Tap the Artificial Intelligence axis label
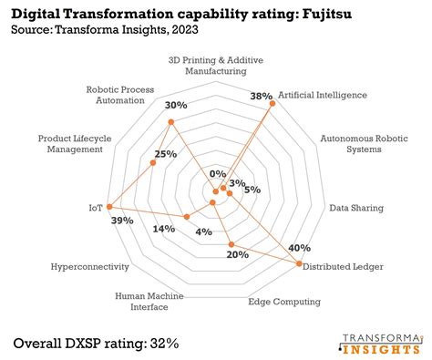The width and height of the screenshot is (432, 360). pyautogui.click(x=322, y=94)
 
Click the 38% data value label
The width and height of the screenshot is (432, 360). pyautogui.click(x=262, y=96)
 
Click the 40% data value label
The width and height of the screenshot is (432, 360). pyautogui.click(x=298, y=248)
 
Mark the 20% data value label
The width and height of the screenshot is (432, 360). pyautogui.click(x=237, y=254)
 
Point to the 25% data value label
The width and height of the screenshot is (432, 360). pyautogui.click(x=165, y=153)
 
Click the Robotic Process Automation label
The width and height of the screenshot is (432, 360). pyautogui.click(x=120, y=96)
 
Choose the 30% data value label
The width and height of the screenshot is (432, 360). pyautogui.click(x=174, y=105)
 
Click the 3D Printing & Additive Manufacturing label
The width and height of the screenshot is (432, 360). pyautogui.click(x=215, y=65)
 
